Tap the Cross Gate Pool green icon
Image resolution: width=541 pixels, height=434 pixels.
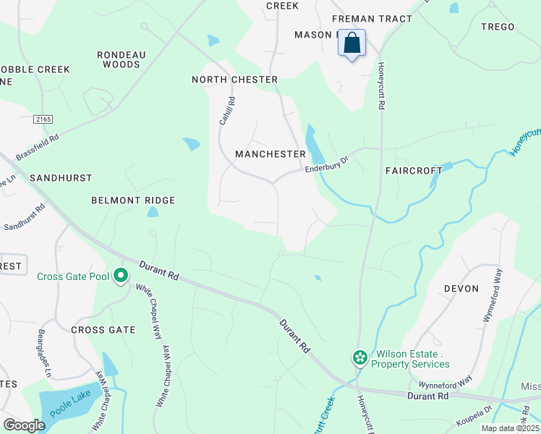click(121, 276)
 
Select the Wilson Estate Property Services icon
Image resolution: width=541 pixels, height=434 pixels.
click(359, 357)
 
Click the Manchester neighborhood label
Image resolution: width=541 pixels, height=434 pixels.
click(270, 154)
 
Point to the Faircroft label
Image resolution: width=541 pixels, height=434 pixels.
click(414, 171)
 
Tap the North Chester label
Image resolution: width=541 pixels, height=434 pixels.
click(234, 80)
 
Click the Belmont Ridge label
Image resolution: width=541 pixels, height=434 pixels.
click(133, 200)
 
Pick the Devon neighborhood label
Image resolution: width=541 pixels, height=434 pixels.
click(461, 289)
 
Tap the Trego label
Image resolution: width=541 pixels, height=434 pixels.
click(498, 27)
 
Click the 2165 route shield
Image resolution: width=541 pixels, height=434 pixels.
click(43, 118)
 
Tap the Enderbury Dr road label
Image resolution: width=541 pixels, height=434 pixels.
click(327, 167)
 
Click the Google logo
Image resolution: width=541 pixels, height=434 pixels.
click(25, 425)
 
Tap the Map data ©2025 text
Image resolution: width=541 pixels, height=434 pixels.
click(510, 428)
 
